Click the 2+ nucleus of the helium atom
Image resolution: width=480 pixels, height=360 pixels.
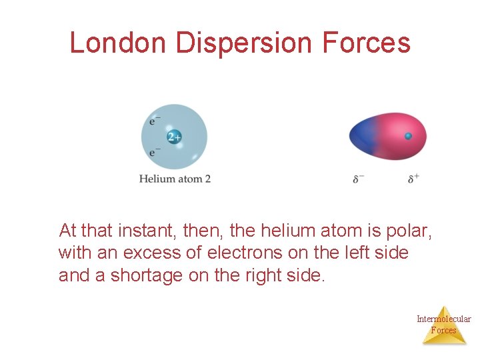[174, 137]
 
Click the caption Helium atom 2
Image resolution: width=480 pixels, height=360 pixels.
[175, 179]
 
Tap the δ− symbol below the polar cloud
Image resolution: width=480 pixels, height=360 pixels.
[359, 179]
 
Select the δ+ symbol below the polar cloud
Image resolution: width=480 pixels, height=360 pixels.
[413, 179]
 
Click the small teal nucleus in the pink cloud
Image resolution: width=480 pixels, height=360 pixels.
[409, 136]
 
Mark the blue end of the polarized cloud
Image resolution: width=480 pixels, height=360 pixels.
[363, 136]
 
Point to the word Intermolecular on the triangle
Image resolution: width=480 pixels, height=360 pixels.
[443, 319]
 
